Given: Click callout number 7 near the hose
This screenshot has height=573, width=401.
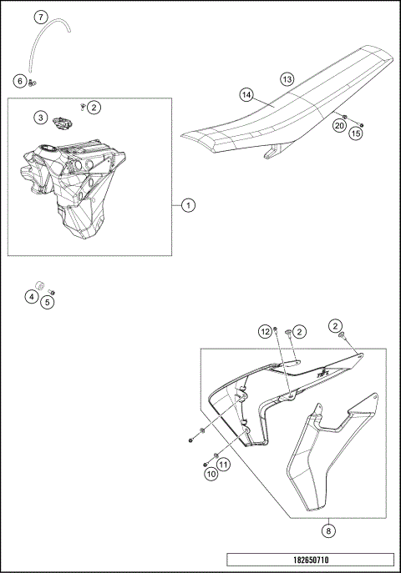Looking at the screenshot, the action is [x=41, y=17].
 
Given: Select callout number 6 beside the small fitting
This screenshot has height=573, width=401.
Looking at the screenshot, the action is [x=20, y=81].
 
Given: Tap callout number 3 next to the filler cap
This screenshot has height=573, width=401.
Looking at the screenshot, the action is [x=41, y=118].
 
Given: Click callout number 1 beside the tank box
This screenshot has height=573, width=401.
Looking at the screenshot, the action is [x=188, y=205].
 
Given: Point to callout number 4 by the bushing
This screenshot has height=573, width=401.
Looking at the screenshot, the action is [x=32, y=297].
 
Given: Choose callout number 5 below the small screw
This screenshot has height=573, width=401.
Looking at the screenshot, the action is [x=47, y=302].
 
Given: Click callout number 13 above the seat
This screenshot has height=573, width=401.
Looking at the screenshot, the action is [x=287, y=79].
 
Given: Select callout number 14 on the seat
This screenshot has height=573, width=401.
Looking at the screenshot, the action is [x=246, y=95].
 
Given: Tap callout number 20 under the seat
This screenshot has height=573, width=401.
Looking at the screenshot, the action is [x=339, y=126].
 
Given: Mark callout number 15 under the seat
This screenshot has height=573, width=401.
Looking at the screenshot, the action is [x=356, y=133].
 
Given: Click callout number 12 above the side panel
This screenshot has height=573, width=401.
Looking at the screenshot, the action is [x=266, y=332].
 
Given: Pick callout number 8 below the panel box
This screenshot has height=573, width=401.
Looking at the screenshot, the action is [x=328, y=530].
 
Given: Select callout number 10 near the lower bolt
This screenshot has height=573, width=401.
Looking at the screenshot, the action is [x=211, y=475].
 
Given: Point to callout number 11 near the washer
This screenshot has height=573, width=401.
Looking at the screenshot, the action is [x=223, y=465].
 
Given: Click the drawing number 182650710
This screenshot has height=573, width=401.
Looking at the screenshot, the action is [x=311, y=560].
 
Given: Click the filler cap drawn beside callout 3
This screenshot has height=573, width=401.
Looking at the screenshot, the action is [x=63, y=123].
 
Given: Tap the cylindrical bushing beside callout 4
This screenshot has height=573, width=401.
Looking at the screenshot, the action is [x=39, y=285].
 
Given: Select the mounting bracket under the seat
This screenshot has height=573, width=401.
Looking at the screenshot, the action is [x=273, y=151].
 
